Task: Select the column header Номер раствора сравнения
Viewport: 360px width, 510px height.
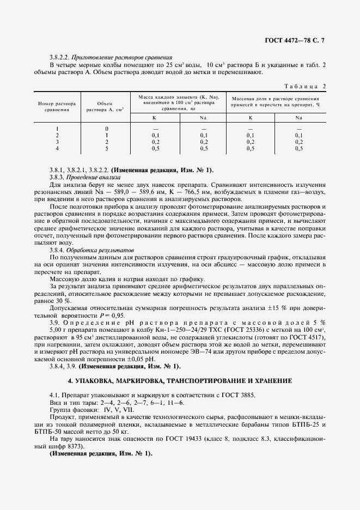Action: pyautogui.click(x=56, y=106)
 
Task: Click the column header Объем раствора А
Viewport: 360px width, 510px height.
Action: pyautogui.click(x=105, y=106)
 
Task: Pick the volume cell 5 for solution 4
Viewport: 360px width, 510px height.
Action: pyautogui.click(x=107, y=148)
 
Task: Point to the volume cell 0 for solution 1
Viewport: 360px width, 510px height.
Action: pyautogui.click(x=107, y=129)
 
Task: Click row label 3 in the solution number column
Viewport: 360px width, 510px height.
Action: pyautogui.click(x=57, y=141)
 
